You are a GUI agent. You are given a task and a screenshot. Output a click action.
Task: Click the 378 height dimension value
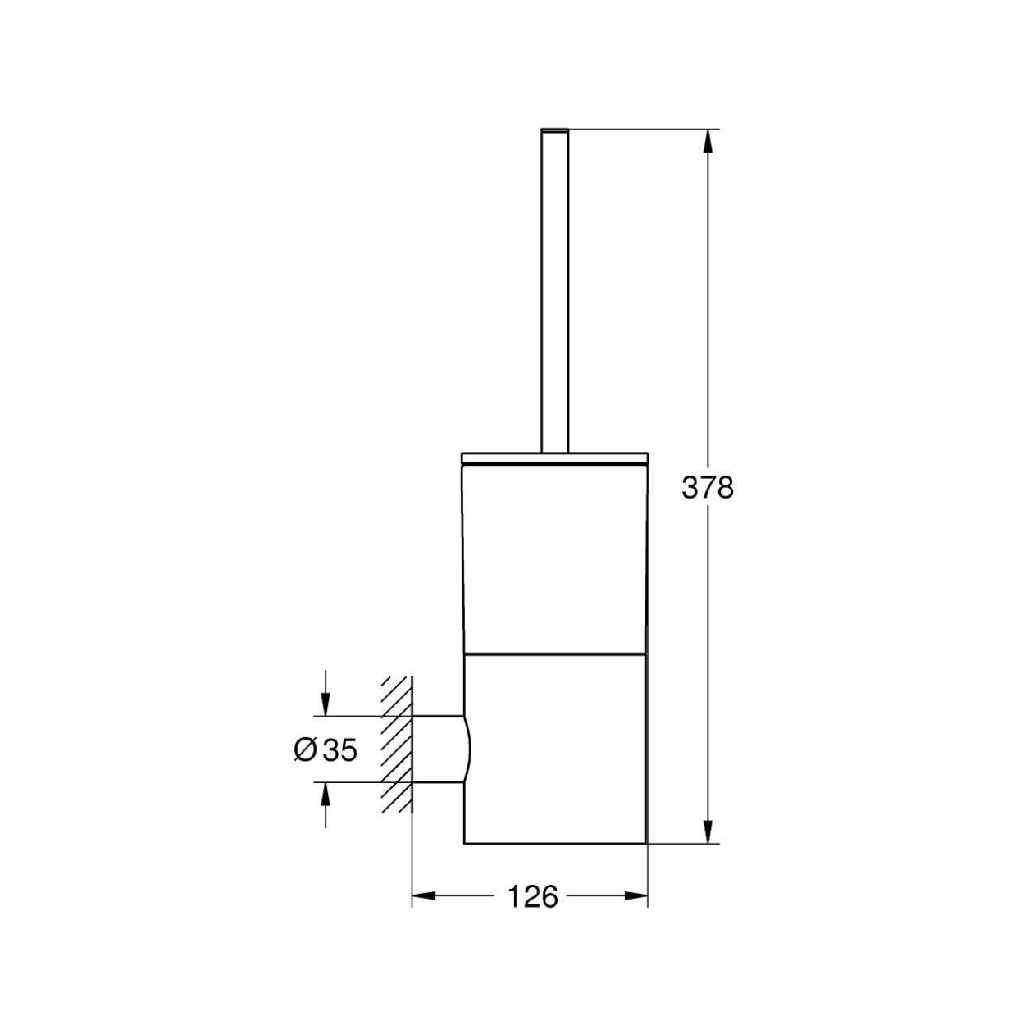pyautogui.click(x=707, y=487)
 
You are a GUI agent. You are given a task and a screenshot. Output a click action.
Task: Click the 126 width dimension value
pyautogui.click(x=533, y=896)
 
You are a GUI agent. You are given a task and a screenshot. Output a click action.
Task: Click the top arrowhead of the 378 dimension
pyautogui.click(x=707, y=141)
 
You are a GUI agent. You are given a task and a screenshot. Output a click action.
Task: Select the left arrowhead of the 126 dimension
pyautogui.click(x=424, y=896)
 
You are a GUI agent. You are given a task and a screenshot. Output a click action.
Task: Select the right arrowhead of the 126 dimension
pyautogui.click(x=636, y=896)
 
